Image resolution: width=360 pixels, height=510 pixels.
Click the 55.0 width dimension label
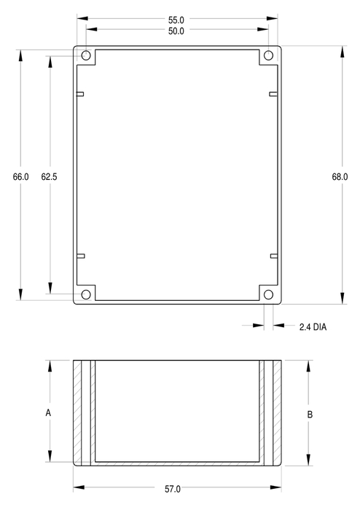(x=176, y=20)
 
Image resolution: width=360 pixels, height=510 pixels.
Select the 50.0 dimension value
(x=176, y=31)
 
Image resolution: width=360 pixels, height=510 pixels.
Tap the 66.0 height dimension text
(x=21, y=176)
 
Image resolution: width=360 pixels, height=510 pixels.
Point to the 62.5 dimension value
(x=49, y=176)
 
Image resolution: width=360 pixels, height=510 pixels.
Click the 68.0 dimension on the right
(x=340, y=176)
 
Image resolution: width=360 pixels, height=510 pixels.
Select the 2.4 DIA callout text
(x=313, y=327)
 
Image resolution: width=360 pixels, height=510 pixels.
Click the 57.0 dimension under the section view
(x=173, y=489)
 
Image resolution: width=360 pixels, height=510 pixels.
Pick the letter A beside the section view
(x=48, y=413)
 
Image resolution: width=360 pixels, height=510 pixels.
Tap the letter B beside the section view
(x=310, y=415)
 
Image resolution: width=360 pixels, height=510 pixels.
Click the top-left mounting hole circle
(x=86, y=55)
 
